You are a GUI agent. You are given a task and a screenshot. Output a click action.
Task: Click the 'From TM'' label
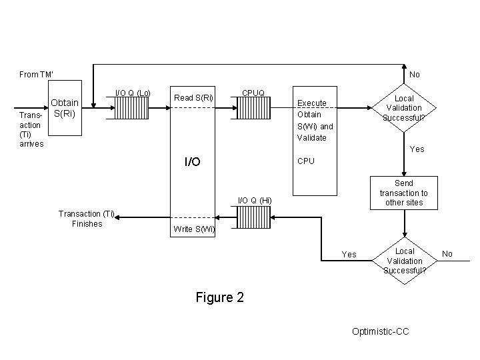click(36, 75)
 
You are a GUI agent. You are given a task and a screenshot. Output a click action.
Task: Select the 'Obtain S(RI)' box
click(65, 108)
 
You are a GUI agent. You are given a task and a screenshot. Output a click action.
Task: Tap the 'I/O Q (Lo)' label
click(133, 92)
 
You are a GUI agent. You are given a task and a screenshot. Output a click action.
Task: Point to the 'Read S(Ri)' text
click(193, 98)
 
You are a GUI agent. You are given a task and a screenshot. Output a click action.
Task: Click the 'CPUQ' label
click(253, 92)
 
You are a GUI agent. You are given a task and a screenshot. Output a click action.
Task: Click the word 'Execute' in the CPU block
click(311, 103)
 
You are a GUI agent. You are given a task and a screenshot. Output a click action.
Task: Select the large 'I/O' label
click(192, 161)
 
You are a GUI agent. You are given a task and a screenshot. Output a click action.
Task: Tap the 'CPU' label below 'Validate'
click(306, 161)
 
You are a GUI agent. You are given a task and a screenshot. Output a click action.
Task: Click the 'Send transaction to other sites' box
click(404, 193)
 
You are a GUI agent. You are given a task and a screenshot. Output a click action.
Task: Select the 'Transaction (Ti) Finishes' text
click(87, 219)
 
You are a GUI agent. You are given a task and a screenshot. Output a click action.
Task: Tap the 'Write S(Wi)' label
click(193, 229)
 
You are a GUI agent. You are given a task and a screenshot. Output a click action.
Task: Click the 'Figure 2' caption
click(219, 297)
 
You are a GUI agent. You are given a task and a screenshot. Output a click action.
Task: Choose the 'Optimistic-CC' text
click(379, 331)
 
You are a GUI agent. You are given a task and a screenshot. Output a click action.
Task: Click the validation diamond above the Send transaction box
click(404, 108)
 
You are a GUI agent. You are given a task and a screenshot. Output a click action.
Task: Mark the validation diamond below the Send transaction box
click(405, 261)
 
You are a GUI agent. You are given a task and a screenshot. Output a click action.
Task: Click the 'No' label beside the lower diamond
click(447, 254)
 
